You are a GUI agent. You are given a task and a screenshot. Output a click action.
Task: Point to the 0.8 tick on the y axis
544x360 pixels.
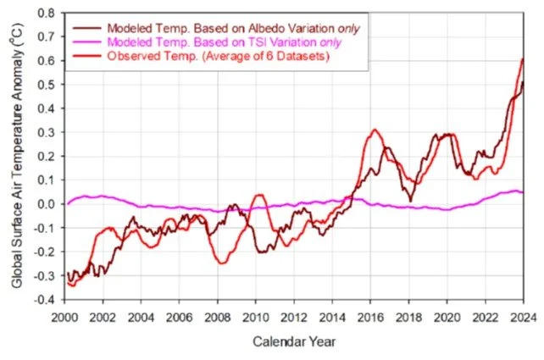tap(50, 14)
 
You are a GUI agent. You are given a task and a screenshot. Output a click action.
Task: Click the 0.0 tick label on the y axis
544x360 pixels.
tap(50, 204)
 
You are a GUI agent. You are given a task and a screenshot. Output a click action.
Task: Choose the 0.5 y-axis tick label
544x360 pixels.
tap(50, 86)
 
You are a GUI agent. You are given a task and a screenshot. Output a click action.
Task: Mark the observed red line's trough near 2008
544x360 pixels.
tap(221, 263)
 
